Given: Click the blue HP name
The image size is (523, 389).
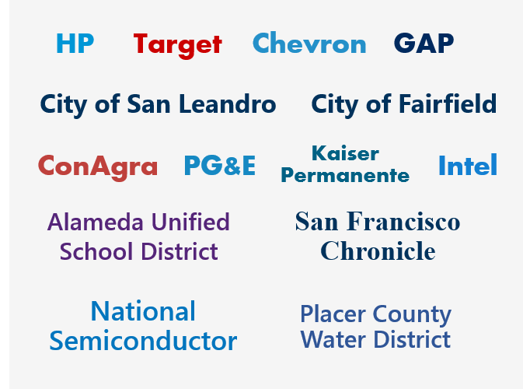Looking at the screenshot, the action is pos(75,44).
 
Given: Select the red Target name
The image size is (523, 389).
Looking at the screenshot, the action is pos(177,45).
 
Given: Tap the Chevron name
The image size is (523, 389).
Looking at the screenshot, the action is pos(309,43).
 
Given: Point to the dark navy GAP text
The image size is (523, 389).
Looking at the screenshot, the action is pos(424,43).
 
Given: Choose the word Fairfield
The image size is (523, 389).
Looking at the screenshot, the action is pos(448,103).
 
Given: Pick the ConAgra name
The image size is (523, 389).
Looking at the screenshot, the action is pos(98,167).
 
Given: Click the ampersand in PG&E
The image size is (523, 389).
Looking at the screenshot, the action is pos(233,166).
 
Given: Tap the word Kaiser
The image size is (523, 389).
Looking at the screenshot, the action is pos(345,153).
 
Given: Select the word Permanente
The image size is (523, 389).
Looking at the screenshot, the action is pos(345,175).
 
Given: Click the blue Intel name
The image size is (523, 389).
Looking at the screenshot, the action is pos(468,165).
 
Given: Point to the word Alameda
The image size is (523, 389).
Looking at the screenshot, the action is pos(96,222).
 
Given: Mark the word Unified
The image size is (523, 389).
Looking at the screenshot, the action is pos(190,222).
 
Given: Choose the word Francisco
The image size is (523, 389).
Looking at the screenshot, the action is pos(403,221).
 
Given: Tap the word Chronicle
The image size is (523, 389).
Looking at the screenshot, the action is pos(378,251).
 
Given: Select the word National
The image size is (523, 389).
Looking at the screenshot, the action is pos(143,311).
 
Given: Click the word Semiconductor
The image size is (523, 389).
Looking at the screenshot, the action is pos(143,341).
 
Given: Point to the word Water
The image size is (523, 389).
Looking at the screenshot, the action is pos(333,339).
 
